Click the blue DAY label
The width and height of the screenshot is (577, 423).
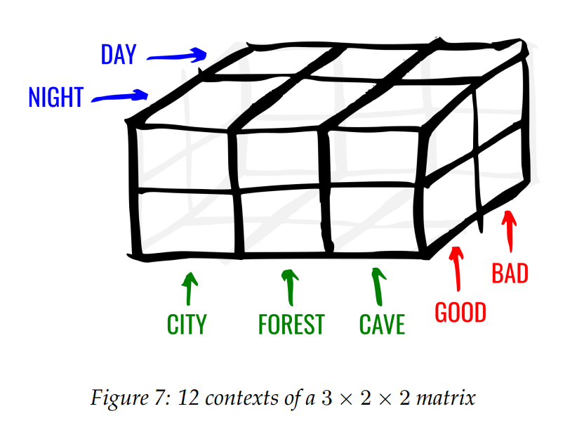tap(119, 54)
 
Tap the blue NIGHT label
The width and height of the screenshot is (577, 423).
tap(56, 97)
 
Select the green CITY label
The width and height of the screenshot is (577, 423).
tap(187, 324)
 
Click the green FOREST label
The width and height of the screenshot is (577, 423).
tap(291, 324)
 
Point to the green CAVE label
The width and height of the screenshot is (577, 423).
tap(382, 324)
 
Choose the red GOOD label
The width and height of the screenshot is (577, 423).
tap(460, 313)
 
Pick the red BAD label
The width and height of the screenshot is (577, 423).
tap(510, 273)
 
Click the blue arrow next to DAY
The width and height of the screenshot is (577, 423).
tap(178, 56)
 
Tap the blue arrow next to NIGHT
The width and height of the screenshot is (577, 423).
tap(120, 96)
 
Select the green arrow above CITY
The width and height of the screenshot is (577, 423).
tap(189, 289)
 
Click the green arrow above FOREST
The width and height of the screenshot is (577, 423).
tap(291, 288)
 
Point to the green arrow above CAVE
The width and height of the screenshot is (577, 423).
tap(378, 287)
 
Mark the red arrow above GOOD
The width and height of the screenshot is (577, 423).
tap(457, 268)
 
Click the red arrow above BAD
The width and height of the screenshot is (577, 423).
tap(510, 231)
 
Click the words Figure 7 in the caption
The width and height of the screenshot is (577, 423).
tap(131, 398)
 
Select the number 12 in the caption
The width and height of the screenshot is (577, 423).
tap(188, 398)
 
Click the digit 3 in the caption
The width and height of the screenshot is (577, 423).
tap(326, 398)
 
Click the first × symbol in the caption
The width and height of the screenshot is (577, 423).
tap(346, 399)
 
